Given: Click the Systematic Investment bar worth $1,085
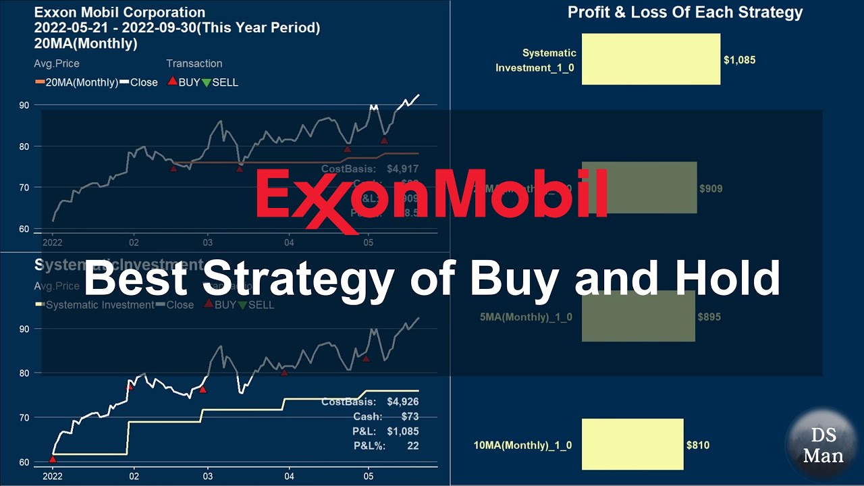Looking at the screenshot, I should (x=651, y=59).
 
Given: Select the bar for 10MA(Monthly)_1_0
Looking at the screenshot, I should (x=632, y=444).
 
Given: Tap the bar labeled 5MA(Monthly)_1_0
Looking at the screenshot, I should (x=638, y=316).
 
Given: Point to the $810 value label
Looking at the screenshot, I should (x=698, y=445).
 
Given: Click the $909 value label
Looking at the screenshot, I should (x=711, y=189).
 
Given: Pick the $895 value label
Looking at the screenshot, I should (x=709, y=317).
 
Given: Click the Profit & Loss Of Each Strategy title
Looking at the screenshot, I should (x=685, y=12).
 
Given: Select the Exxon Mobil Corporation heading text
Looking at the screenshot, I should (x=119, y=12).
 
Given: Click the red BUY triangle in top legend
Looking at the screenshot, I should (x=172, y=82).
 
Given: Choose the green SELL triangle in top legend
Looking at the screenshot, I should (x=206, y=82).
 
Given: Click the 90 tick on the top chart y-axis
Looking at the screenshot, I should (x=42, y=105).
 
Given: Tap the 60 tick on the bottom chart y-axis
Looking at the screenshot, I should (x=42, y=462).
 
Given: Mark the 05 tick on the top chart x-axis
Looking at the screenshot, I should (x=368, y=242).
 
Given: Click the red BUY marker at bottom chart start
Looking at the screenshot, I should (x=53, y=459).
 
